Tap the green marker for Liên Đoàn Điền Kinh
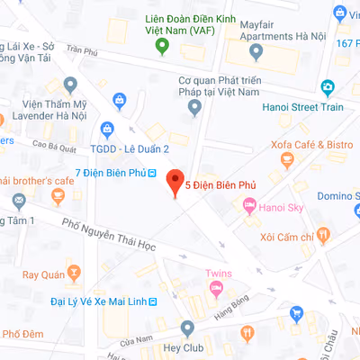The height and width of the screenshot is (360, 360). tap(161, 45)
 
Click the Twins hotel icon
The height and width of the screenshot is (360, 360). tap(216, 288)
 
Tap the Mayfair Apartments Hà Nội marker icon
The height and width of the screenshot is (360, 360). tap(256, 53)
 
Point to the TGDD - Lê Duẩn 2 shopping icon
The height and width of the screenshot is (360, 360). tap(107, 129)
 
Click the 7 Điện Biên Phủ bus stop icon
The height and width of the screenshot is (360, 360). tap(152, 172)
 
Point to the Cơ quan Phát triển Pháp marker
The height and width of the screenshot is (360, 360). tap(193, 108)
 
